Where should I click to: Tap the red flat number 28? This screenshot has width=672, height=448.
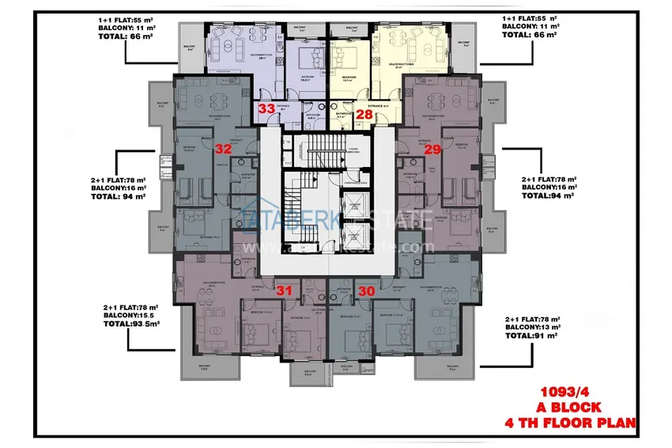tap(364, 114)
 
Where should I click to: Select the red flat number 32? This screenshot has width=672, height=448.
tap(223, 148)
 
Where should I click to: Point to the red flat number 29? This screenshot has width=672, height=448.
tap(432, 149)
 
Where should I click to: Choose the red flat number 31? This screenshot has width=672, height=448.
tap(285, 290)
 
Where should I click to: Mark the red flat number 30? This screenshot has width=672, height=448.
tap(366, 290)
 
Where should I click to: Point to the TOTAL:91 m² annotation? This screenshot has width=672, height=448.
tap(532, 335)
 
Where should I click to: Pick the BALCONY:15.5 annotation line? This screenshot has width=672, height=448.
tap(130, 315)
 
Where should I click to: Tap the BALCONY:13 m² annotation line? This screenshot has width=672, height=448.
tap(534, 326)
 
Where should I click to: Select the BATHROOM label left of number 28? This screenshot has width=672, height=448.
tap(342, 113)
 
